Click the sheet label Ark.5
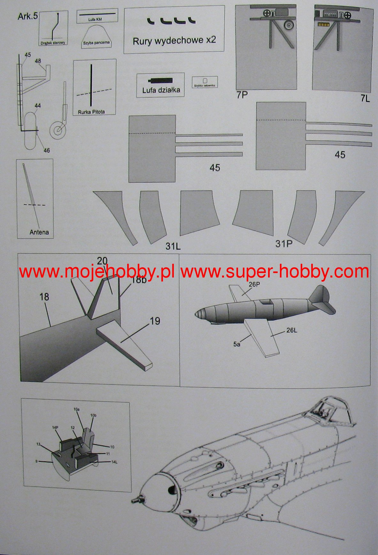pos(28,17)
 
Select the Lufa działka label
pos(161,90)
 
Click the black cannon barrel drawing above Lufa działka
pos(160,80)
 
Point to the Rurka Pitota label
pos(91,112)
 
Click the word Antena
pos(39,232)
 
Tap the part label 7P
pos(242,95)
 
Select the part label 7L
pos(365,99)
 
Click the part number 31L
pos(173,246)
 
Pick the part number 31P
pos(284,244)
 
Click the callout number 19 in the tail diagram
pos(155,321)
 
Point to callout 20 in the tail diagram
pos(102,261)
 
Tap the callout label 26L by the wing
pos(291,330)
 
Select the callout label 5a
pos(236,344)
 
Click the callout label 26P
pos(254,284)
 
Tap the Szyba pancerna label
pos(96,43)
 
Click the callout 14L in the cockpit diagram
pos(114,462)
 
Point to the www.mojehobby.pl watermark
pos(96,272)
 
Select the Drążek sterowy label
pos(53,42)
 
